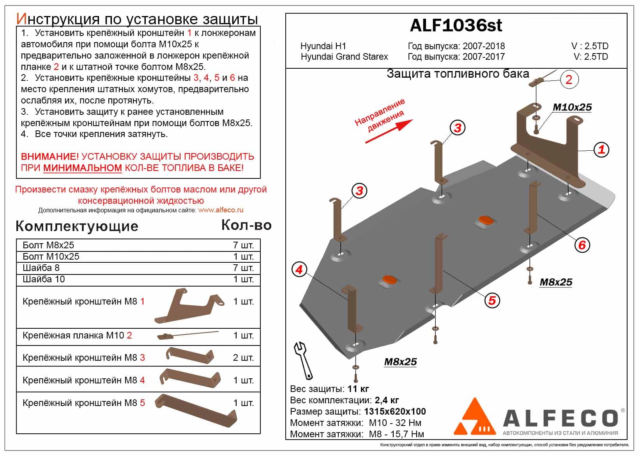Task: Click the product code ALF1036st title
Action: point(456,26)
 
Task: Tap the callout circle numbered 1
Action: point(601,150)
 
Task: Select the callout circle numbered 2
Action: point(569,80)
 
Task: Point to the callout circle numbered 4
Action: point(299,270)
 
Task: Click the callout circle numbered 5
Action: point(492,300)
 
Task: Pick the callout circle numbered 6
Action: point(582,245)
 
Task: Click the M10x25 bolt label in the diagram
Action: point(572,107)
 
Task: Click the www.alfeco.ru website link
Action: point(221,210)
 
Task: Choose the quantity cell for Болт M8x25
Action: point(243,246)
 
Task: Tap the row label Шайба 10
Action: point(44,279)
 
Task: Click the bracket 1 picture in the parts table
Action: point(189,307)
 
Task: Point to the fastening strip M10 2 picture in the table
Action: point(187,335)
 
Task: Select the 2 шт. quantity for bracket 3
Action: point(243,358)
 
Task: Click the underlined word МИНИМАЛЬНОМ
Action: point(83,168)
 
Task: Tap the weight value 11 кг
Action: point(358,389)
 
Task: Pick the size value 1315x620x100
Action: point(395,411)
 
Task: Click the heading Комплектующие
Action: point(77,226)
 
